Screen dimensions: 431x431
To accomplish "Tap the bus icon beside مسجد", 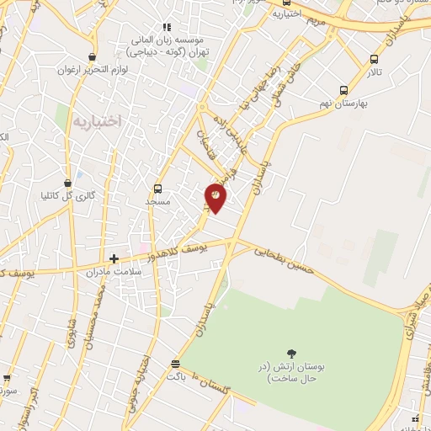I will coord(157,189).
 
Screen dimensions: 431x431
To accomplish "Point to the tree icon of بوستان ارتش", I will coord(292,354).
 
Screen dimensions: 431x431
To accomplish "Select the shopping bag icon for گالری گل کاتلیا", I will coord(67,183).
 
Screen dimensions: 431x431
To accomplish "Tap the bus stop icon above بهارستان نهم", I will coord(343,90).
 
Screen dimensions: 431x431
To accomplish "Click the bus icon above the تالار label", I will coord(374,60).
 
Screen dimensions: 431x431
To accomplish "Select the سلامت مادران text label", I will coord(109,272).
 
